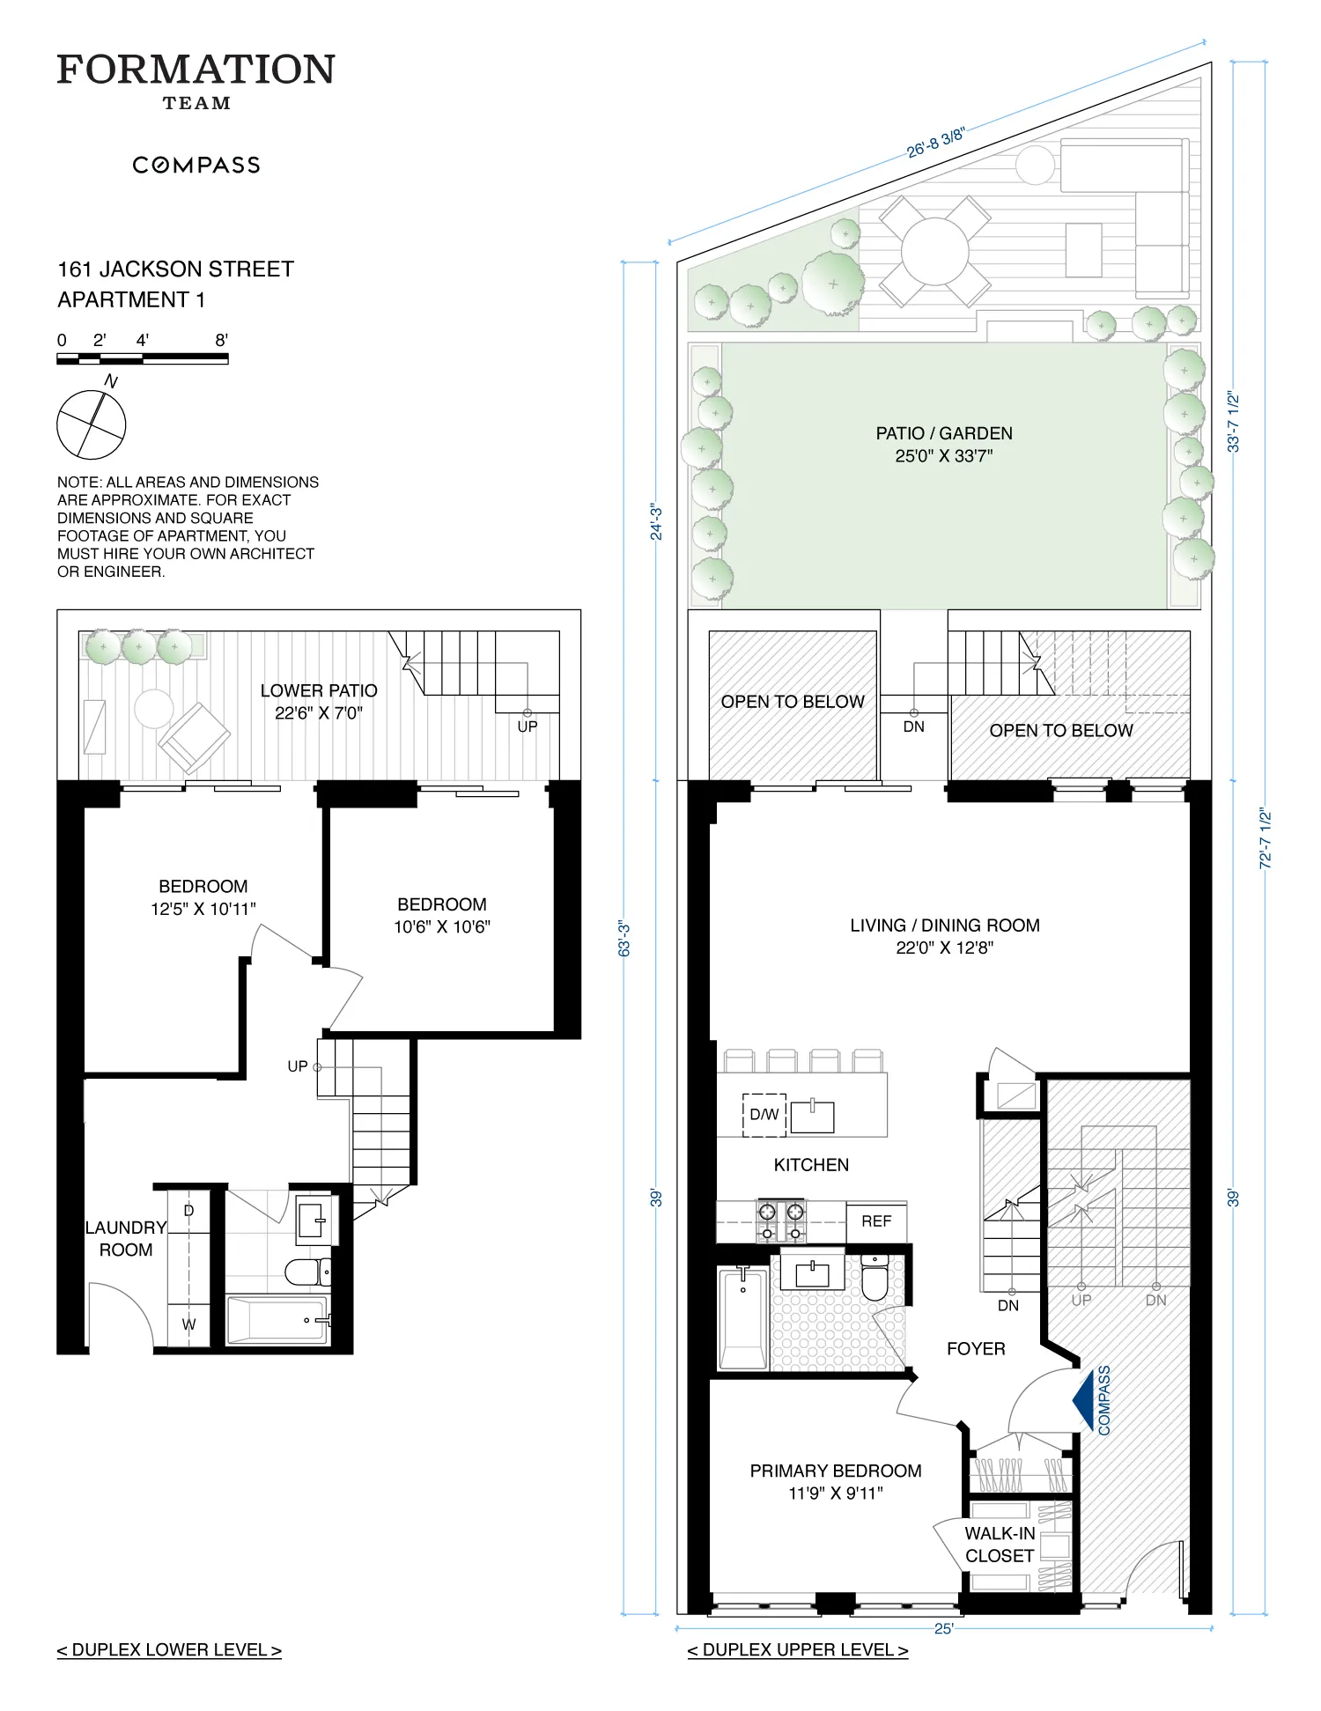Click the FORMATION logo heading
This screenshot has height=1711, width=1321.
tap(196, 70)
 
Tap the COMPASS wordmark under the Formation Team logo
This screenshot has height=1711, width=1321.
tap(196, 166)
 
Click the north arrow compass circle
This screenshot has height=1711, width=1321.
tap(92, 424)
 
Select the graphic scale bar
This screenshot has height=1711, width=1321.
tap(143, 358)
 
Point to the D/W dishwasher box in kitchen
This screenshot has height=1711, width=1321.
tap(764, 1114)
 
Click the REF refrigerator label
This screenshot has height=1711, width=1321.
tap(876, 1221)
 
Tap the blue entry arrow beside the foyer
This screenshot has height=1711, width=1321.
tap(1083, 1399)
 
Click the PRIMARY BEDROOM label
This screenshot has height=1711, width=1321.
tap(836, 1471)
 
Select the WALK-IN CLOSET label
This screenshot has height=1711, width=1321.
tap(1000, 1545)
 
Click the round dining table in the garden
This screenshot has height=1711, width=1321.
tap(934, 251)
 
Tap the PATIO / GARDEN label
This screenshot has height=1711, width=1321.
tap(944, 433)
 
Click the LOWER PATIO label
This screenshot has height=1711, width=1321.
tap(319, 691)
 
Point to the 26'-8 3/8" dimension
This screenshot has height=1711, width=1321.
tap(936, 143)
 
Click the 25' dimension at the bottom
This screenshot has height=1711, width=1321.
tap(943, 1629)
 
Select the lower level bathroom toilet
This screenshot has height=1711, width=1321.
tap(304, 1272)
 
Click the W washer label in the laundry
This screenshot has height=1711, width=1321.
tap(188, 1324)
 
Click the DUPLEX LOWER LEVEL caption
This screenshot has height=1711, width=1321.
tap(169, 1650)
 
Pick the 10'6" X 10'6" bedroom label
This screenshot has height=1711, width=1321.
tap(442, 916)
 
